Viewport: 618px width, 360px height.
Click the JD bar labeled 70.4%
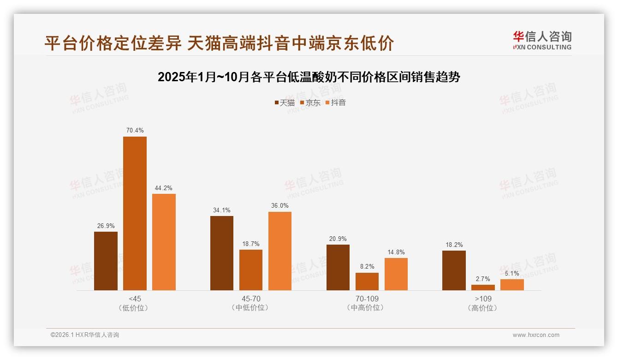pos(135,213)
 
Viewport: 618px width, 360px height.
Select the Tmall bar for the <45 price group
pos(106,261)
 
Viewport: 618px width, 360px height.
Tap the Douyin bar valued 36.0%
pos(280,251)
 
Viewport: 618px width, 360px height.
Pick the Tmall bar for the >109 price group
pos(454,270)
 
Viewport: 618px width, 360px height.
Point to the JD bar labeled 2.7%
pos(483,287)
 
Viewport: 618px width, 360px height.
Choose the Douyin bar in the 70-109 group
pos(396,274)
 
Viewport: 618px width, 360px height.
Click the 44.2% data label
pos(164,188)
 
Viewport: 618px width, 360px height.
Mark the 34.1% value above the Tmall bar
pos(222,210)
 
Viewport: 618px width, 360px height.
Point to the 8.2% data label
pos(367,267)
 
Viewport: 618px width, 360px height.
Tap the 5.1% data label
pos(512,273)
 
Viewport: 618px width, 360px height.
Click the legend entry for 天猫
pos(285,103)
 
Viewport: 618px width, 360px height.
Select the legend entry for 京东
pos(310,103)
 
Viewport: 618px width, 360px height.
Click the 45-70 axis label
pos(251,299)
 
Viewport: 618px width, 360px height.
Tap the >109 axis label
pos(483,299)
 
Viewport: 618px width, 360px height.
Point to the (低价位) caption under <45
pos(135,308)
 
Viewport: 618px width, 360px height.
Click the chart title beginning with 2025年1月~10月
pos(309,77)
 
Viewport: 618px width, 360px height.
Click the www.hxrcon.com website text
pos(536,335)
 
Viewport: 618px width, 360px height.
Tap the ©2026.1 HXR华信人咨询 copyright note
pos(85,335)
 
